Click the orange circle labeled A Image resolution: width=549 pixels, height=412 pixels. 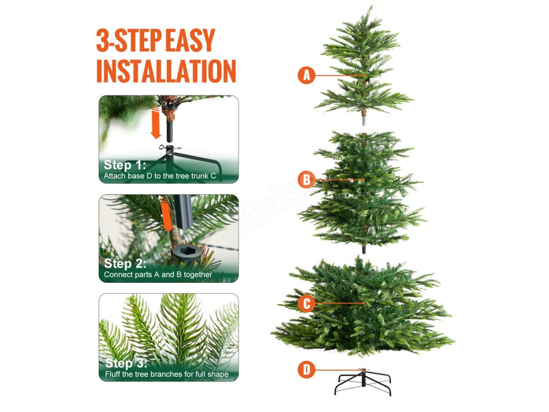coord(306,75)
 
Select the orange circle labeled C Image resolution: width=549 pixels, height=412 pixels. coord(306,304)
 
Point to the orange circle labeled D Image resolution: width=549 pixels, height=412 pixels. coord(306,370)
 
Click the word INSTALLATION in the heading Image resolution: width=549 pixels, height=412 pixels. coord(166,71)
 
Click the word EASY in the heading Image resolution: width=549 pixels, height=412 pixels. coord(190,40)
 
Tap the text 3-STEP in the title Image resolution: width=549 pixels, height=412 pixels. coord(129,40)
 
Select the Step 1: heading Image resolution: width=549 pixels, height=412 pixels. coord(124,165)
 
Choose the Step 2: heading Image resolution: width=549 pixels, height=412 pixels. coord(125,263)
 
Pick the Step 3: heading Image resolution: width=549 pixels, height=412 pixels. coord(126,363)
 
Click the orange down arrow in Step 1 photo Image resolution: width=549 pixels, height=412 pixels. coord(155,123)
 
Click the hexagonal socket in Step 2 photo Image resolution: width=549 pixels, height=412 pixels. coord(186,251)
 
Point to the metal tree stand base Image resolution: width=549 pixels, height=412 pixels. coord(363,382)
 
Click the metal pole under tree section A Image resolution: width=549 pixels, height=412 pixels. coord(364,121)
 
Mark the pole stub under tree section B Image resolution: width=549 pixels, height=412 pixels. coord(364,249)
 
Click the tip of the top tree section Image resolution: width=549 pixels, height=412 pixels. coord(371,6)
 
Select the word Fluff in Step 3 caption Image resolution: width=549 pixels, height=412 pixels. coord(113,374)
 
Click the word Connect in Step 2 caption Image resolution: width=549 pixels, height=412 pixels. coord(116,275)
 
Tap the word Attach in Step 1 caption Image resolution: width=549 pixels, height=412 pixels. coord(113,176)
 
